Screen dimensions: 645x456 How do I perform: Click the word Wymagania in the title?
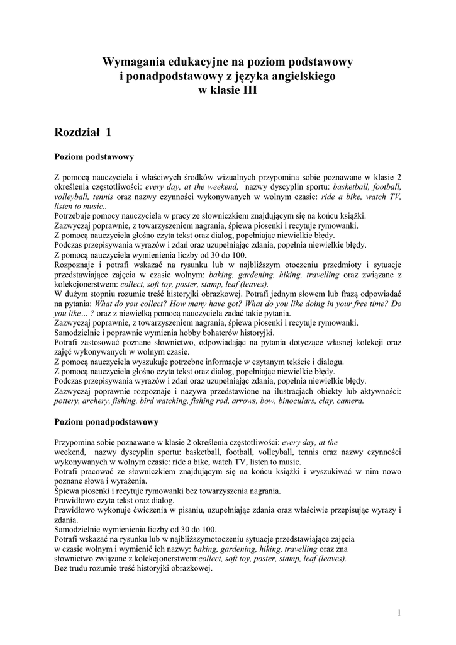[133, 62]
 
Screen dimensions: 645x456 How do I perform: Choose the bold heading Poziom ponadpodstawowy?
[106, 421]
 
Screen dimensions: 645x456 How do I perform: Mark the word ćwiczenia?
[148, 510]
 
